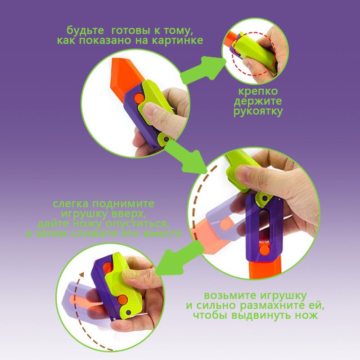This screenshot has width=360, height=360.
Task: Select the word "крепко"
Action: coord(258,92)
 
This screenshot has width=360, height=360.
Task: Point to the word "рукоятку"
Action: coord(258,112)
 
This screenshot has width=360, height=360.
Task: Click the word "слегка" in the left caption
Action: coord(71,204)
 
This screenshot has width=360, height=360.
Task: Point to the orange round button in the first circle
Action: coord(139,98)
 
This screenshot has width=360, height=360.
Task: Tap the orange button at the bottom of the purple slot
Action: coord(265,249)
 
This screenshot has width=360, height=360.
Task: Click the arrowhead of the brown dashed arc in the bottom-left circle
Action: coord(81,274)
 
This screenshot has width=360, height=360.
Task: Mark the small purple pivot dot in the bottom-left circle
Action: coord(129,312)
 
